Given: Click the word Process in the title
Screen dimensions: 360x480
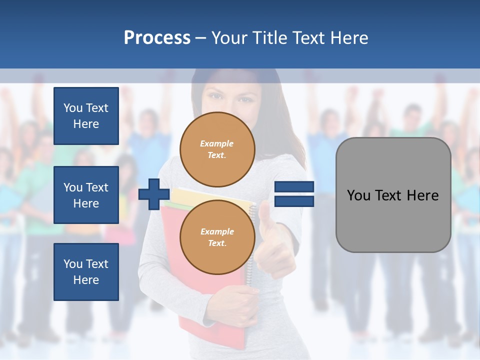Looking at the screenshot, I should (157, 38).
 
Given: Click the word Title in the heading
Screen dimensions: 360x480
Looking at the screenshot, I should (268, 38).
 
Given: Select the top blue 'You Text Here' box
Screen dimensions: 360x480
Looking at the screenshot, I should (86, 116).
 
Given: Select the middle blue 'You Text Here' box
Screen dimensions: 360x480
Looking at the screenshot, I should (86, 195).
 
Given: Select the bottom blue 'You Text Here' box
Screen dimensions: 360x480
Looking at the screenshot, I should (86, 272).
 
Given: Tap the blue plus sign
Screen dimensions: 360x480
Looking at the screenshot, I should (154, 194).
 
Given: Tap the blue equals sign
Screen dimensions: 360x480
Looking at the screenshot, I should (294, 194).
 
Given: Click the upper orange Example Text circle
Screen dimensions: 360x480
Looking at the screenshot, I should (217, 149).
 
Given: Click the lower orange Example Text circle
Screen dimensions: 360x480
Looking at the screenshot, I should (217, 237).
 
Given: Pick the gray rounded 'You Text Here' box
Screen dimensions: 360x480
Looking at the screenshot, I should (393, 195).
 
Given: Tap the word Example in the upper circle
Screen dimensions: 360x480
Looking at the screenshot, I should (217, 144).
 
